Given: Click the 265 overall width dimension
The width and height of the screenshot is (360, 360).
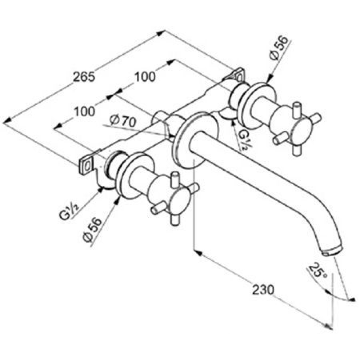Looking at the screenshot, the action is (x=84, y=77).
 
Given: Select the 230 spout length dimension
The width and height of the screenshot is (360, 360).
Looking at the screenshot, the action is (x=263, y=289).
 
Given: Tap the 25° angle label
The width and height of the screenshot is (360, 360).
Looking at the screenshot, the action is (x=317, y=270).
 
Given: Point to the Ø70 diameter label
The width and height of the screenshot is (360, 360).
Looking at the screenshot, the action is (x=123, y=121).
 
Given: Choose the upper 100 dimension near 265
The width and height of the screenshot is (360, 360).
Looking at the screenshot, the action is (x=145, y=77).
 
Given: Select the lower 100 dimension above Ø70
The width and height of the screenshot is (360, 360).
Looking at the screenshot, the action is (x=84, y=112).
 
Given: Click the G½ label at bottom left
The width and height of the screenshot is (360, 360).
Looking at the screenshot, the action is (x=69, y=211).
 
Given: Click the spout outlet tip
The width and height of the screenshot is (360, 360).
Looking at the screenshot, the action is (x=332, y=251).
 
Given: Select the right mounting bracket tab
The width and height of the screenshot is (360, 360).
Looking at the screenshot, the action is (x=237, y=74).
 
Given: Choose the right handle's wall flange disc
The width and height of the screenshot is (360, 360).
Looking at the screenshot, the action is (x=256, y=105).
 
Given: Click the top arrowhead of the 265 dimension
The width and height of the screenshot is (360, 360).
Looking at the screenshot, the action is (x=161, y=33).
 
